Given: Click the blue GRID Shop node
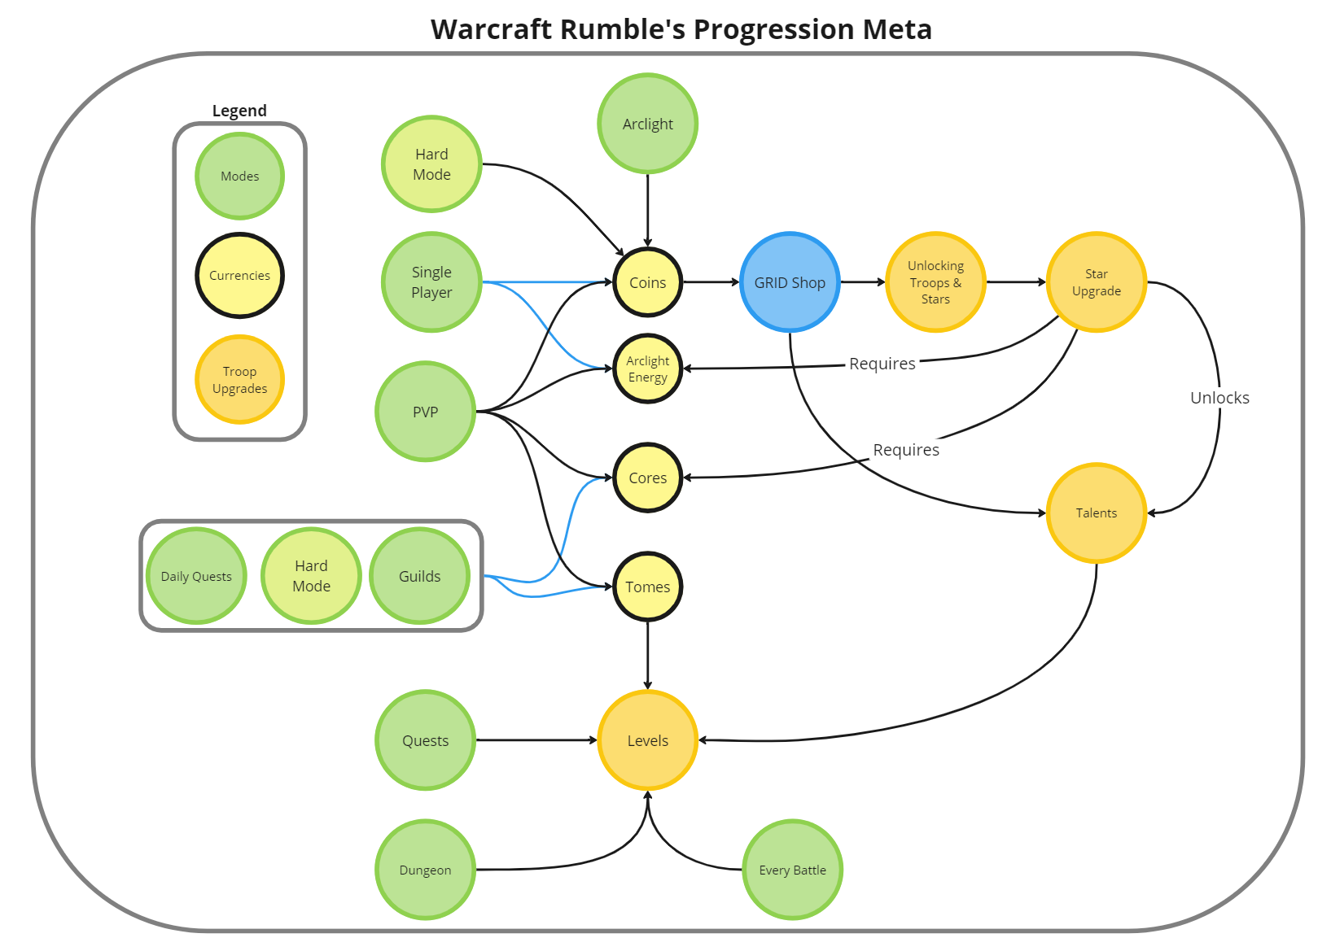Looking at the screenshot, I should click(x=790, y=282).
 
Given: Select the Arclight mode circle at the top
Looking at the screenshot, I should click(x=647, y=124).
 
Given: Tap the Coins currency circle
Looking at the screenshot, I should click(x=647, y=282).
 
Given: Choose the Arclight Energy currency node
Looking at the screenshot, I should click(x=647, y=369).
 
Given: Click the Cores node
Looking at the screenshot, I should click(x=647, y=478).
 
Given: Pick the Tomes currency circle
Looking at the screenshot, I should click(x=647, y=587).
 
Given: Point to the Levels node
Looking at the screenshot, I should click(x=647, y=740).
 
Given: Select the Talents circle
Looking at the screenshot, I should click(x=1096, y=513).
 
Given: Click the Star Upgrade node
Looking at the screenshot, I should click(x=1096, y=282).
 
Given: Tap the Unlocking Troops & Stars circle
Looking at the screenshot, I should click(x=935, y=282).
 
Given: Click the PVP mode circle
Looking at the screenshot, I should click(x=425, y=412).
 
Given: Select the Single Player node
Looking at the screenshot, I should click(x=431, y=282).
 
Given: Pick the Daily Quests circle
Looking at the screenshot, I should click(x=196, y=576).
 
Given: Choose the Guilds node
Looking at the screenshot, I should click(x=419, y=576).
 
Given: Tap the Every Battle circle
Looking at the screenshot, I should click(x=792, y=870).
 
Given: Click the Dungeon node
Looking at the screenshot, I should click(x=425, y=870).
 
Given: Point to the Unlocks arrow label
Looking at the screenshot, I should click(x=1219, y=398).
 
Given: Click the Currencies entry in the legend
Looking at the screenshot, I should click(x=239, y=275).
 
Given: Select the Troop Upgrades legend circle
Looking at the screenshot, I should click(x=239, y=379).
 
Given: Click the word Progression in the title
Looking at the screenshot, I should click(x=774, y=29).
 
